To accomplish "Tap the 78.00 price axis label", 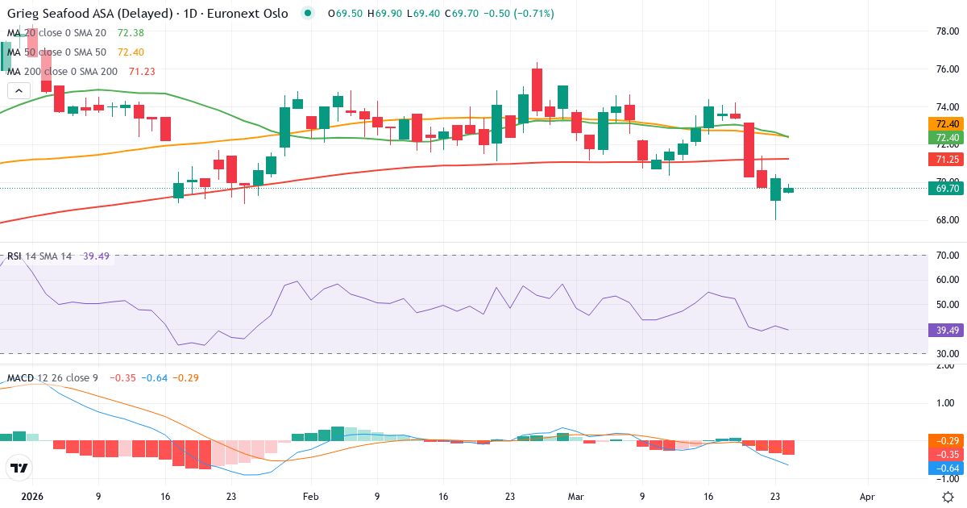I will pos(946,31).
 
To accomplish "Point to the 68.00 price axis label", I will pos(946,220).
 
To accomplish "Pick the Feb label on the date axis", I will pos(311,497).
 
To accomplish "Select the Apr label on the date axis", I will pos(867,497).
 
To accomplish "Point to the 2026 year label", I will pos(32,497).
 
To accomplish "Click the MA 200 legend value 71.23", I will pos(142,71).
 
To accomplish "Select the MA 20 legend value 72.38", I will pos(131,32).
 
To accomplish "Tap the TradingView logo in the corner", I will pos(19,468).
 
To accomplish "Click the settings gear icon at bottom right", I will pos(948,497).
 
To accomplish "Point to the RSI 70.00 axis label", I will pos(946,256).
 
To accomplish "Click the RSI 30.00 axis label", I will pos(946,354).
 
